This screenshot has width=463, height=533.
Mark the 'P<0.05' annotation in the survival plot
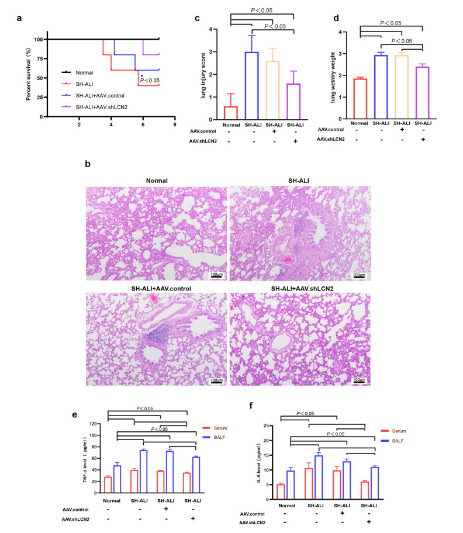click(x=150, y=81)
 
